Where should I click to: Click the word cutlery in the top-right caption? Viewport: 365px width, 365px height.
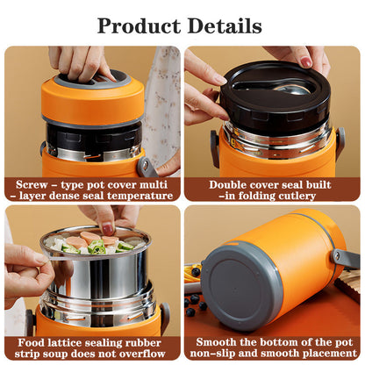tap(296, 196)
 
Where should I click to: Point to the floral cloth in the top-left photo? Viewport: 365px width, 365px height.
tap(161, 97)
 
